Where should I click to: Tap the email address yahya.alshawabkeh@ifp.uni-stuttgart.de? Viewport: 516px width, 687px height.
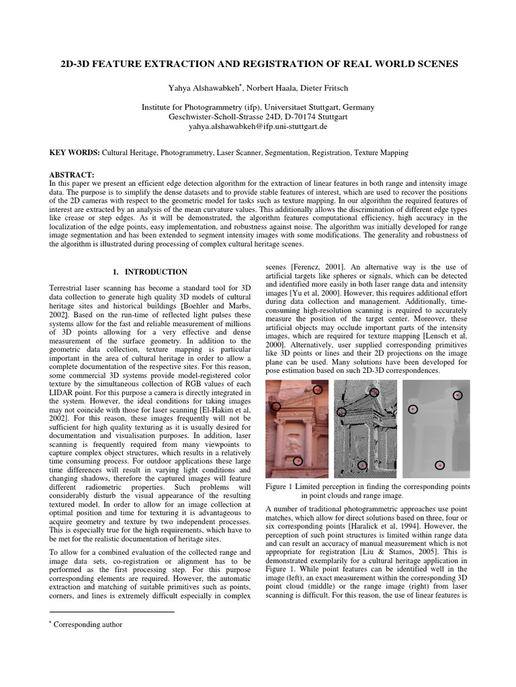pos(257,125)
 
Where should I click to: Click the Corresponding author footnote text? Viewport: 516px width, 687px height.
pos(89,624)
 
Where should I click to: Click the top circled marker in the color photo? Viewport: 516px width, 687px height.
pos(318,389)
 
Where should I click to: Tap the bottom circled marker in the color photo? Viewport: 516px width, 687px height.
pos(298,460)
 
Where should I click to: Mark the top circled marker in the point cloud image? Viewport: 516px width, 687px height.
pos(375,391)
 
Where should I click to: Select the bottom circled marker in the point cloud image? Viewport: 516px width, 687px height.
pos(362,464)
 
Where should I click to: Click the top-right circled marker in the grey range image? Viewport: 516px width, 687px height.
pos(458,396)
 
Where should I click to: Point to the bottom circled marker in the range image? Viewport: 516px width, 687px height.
pos(439,464)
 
